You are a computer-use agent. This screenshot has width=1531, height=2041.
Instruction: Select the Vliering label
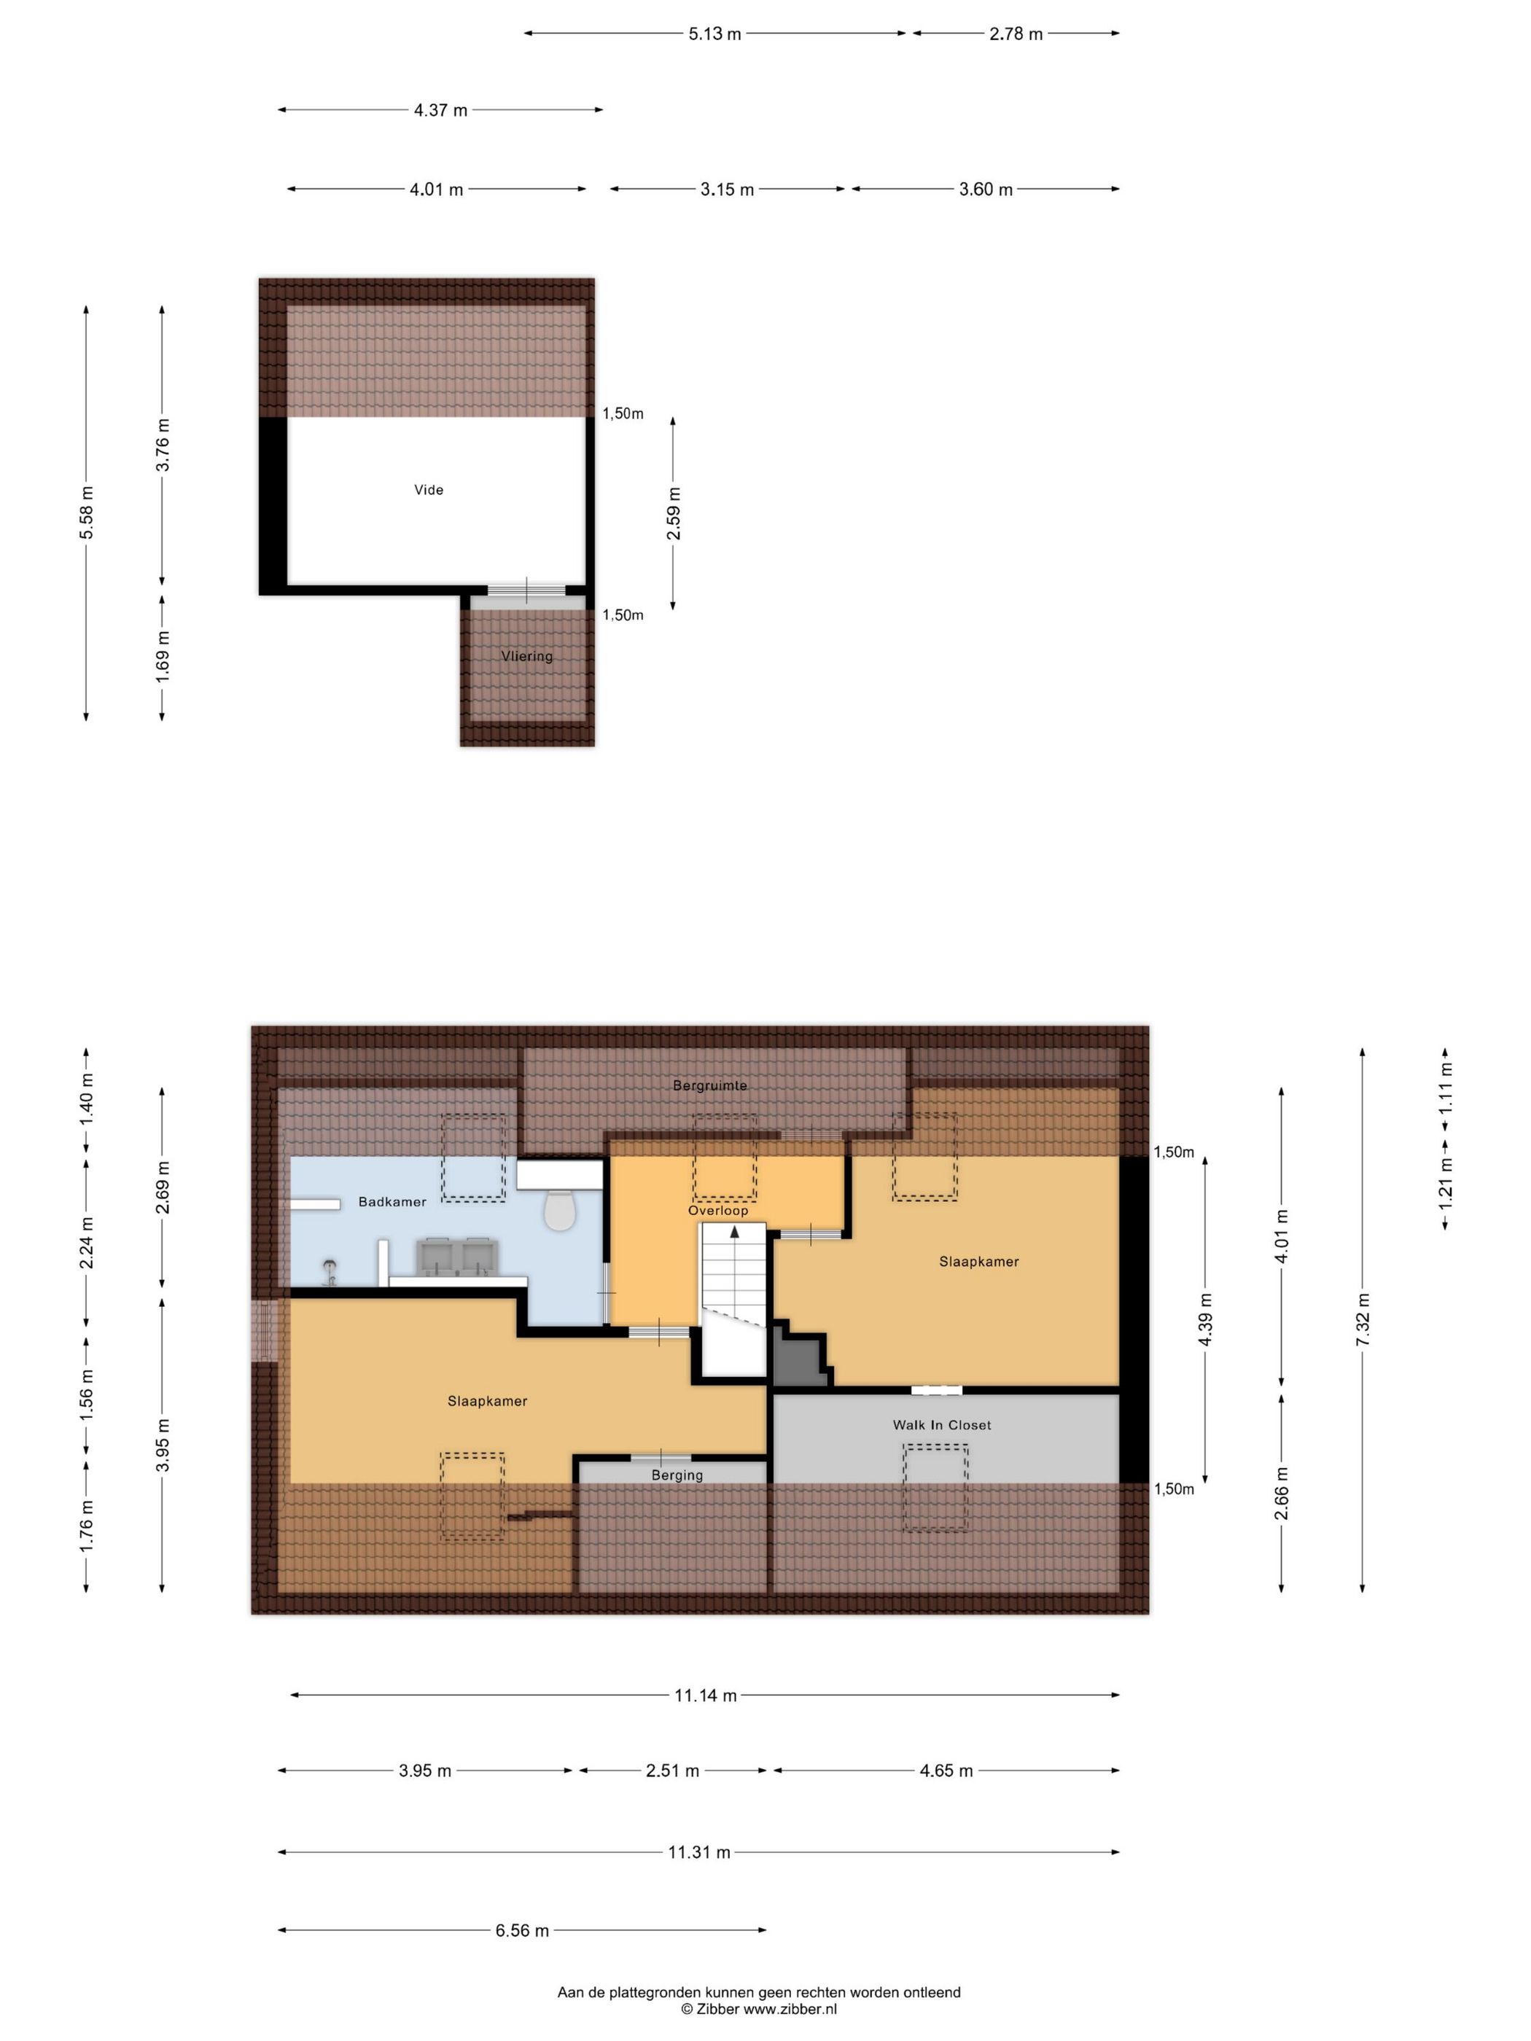click(x=527, y=656)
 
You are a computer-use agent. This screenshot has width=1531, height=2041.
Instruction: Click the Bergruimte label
click(x=709, y=1085)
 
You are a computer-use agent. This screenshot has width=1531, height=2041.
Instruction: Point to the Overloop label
click(x=718, y=1209)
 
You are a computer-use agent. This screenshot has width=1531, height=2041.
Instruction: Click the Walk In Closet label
click(x=941, y=1424)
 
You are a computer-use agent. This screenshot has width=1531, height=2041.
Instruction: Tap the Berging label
click(x=677, y=1475)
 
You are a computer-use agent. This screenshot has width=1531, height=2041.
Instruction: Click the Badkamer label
click(x=392, y=1201)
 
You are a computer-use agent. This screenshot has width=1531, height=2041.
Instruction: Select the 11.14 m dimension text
click(x=706, y=1695)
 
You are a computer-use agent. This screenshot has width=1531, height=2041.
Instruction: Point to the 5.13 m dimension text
click(x=715, y=34)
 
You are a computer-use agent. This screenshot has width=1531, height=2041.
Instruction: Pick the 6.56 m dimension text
click(x=522, y=1930)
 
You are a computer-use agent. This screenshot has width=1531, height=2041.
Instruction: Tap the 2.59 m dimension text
click(x=674, y=513)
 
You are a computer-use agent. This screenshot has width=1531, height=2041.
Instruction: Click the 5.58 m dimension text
click(x=87, y=512)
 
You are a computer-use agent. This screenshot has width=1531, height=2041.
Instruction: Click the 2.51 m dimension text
click(x=672, y=1771)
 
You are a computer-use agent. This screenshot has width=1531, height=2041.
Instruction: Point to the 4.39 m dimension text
click(x=1205, y=1319)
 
